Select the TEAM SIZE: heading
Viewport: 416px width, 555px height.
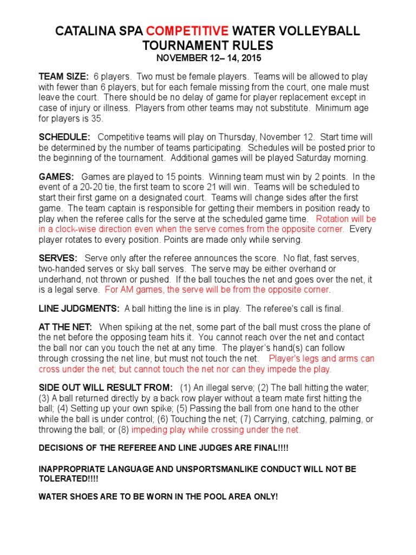[x=63, y=76]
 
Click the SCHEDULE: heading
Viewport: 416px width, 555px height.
[x=64, y=138]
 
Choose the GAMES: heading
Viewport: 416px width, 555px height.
[x=56, y=177]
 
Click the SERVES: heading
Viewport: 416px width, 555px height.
[x=58, y=259]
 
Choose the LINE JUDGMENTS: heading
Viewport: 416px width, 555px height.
[x=79, y=308]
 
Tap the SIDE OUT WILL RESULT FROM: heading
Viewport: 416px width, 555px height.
[x=106, y=388]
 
